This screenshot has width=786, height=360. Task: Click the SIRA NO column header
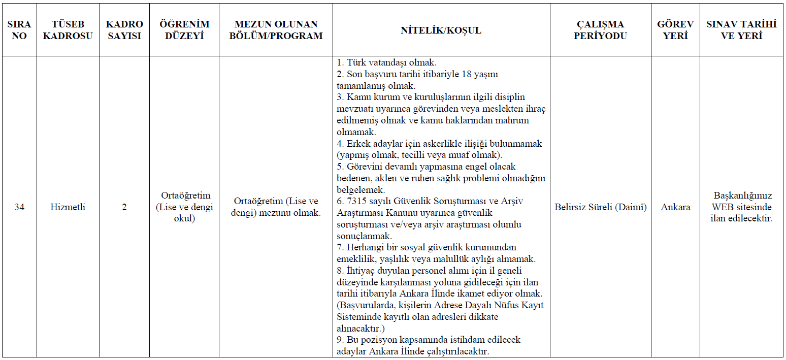(x=19, y=30)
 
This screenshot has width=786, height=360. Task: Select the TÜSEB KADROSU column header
(x=68, y=30)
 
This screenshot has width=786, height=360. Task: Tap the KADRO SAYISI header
(x=124, y=30)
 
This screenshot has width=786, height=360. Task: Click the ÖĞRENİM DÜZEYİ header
(x=185, y=30)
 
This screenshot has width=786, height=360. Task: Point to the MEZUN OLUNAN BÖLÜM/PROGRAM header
(x=276, y=30)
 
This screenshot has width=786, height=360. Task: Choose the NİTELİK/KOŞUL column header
(x=441, y=30)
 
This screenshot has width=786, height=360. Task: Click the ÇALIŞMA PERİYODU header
(x=600, y=30)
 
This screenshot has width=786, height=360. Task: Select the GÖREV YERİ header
(x=675, y=30)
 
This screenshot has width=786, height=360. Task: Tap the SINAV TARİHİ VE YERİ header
(x=741, y=30)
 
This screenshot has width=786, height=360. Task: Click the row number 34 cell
(x=19, y=207)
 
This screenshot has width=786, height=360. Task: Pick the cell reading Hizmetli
(x=68, y=207)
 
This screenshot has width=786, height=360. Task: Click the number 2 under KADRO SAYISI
(x=124, y=207)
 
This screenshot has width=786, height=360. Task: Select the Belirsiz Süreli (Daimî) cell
(x=600, y=207)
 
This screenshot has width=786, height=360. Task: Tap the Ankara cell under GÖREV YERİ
(x=675, y=207)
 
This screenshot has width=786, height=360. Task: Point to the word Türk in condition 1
(x=357, y=63)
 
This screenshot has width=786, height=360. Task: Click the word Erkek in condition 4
(x=358, y=144)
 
